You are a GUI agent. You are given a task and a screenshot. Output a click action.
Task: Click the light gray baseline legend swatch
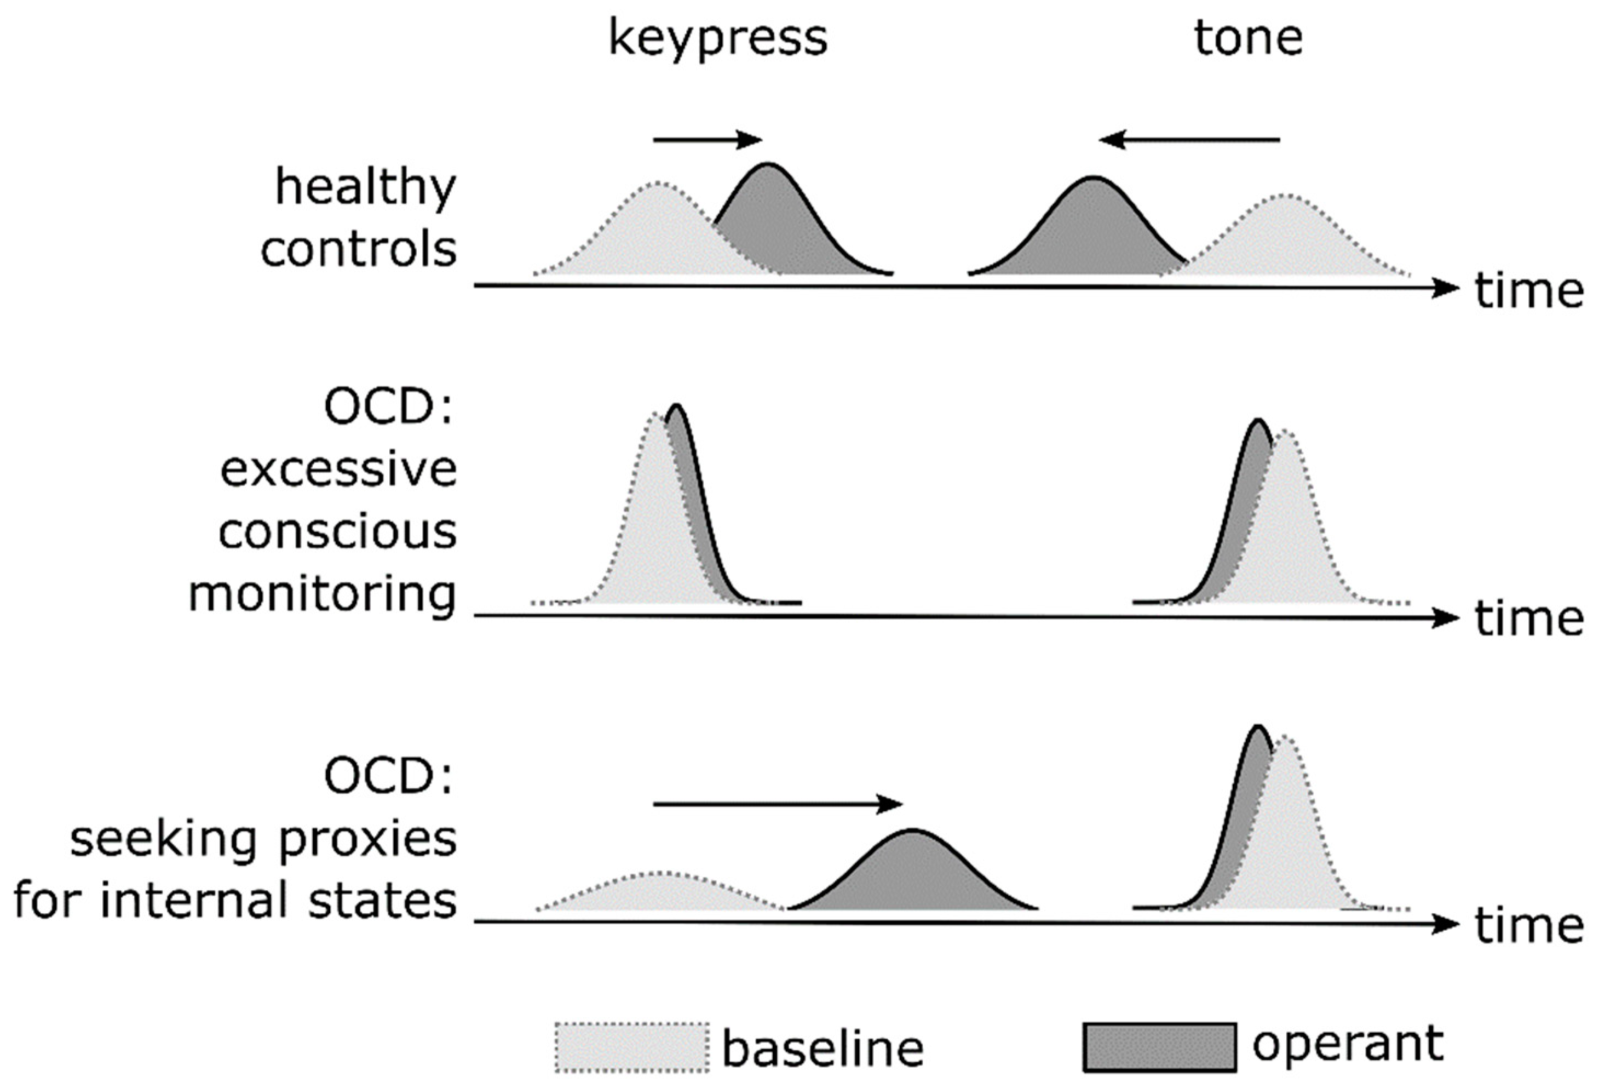point(631,1047)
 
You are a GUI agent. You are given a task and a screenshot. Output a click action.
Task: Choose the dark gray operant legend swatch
point(1159,1047)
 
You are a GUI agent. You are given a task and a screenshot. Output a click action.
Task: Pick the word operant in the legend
point(1348,1045)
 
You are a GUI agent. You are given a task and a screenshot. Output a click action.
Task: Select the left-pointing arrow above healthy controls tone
point(1189,140)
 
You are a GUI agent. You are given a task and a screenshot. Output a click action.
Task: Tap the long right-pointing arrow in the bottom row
point(777,803)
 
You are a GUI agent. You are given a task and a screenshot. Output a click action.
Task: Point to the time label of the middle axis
point(1529,618)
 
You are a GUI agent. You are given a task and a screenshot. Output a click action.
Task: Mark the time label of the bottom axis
point(1529,926)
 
